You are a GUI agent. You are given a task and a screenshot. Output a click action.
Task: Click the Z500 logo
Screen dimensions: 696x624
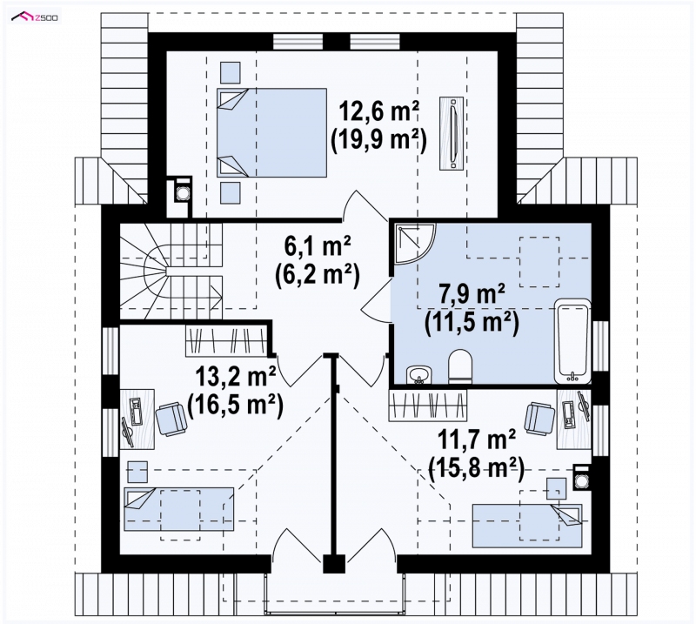point(35,17)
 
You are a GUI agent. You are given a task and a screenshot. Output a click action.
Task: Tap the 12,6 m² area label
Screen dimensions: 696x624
point(378,111)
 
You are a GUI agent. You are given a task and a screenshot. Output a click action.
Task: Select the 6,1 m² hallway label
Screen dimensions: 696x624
point(318,246)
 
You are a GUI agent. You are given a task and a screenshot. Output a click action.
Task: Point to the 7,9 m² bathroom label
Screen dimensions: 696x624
point(472,293)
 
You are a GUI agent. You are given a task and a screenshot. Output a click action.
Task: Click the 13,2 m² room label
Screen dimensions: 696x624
point(236,377)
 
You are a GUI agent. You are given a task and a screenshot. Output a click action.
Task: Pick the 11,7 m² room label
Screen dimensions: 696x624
point(476,439)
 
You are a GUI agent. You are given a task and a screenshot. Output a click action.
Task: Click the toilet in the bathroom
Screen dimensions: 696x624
point(460,366)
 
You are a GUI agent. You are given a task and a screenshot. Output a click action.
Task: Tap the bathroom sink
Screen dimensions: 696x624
point(419,374)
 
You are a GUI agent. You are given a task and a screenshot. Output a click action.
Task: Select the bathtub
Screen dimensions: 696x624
point(572,341)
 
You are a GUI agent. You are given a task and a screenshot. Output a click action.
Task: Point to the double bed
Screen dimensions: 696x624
point(271,132)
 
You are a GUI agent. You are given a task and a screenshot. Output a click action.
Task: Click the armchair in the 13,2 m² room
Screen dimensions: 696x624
point(171,419)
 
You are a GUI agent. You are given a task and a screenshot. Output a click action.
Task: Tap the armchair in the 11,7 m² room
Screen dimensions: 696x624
point(539,418)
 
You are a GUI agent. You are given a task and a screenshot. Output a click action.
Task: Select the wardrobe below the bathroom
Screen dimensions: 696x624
point(427,405)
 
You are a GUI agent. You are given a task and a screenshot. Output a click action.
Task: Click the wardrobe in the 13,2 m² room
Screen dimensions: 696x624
point(226,341)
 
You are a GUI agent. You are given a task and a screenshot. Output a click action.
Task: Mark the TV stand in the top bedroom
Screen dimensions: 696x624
point(452,133)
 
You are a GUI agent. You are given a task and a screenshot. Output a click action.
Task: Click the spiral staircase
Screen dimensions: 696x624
point(171,271)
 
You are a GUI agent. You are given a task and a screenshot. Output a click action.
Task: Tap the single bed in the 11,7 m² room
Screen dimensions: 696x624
point(527,526)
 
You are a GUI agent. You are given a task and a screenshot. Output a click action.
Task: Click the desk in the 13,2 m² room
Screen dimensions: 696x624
point(137,419)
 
